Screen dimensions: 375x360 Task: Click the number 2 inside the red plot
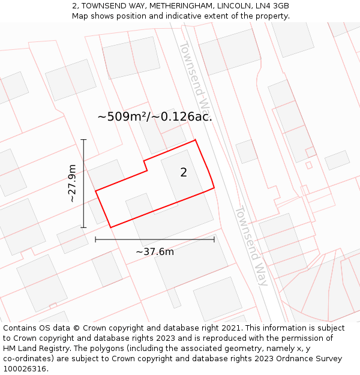click(184, 173)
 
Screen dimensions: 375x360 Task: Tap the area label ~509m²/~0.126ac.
click(155, 116)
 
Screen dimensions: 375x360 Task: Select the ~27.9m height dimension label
click(71, 183)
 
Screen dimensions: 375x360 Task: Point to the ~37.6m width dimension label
click(155, 251)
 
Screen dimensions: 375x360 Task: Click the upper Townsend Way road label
click(195, 78)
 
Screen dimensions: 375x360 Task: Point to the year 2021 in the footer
click(231, 328)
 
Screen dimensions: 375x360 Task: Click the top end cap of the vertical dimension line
click(83, 139)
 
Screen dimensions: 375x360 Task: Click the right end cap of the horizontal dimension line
click(214, 239)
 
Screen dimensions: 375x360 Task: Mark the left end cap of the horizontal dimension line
click(96, 239)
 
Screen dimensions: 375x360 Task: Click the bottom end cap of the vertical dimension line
click(83, 227)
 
